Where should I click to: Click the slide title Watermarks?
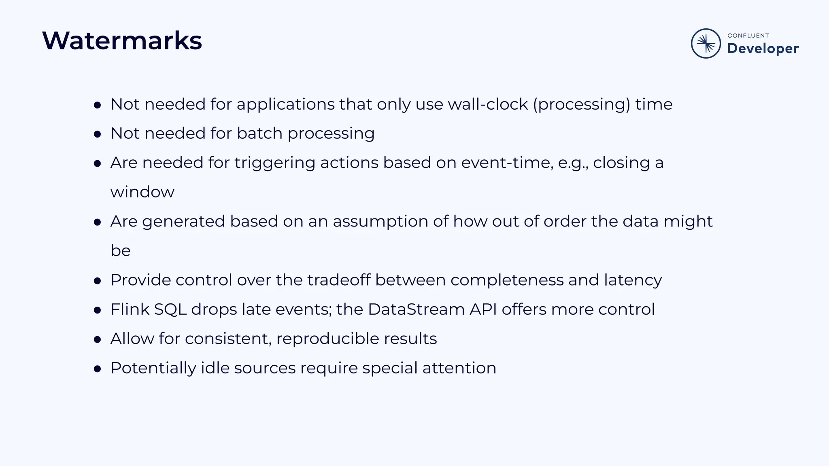[x=122, y=41]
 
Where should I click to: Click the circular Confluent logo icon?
[x=706, y=44]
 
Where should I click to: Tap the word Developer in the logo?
[x=763, y=49]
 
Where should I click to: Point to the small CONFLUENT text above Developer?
[x=748, y=36]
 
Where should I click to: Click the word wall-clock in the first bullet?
[x=488, y=104]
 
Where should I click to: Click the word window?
[x=142, y=192]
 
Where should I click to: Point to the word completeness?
[x=507, y=280]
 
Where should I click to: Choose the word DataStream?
[x=417, y=309]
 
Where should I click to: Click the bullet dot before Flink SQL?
[x=97, y=310]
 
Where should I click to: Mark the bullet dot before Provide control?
[x=97, y=281]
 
